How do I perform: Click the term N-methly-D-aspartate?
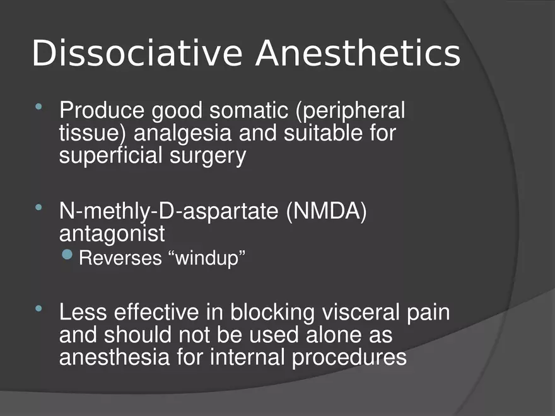coord(168,212)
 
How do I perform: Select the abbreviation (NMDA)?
coord(326,212)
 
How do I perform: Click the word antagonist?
coord(112,234)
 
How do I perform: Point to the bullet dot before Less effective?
coord(39,308)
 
